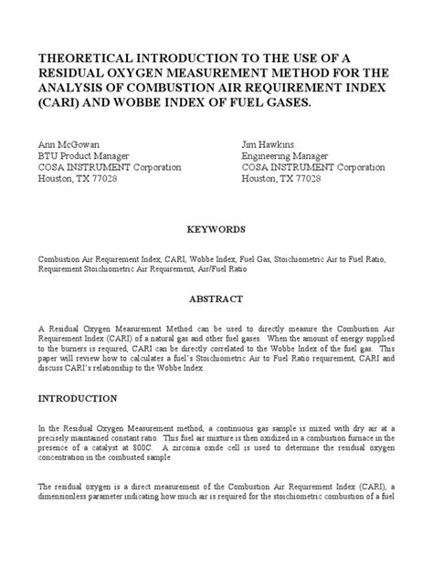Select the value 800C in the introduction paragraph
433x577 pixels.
click(x=149, y=450)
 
